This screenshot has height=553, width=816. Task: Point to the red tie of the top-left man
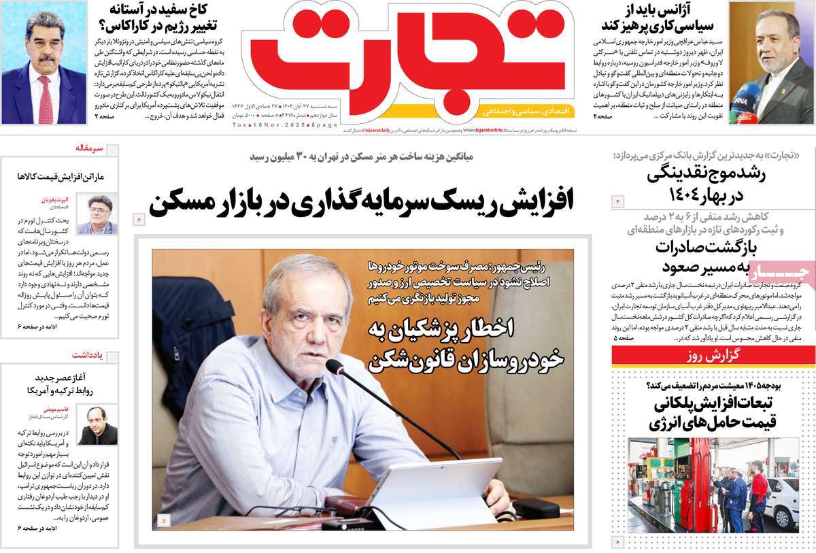(45, 99)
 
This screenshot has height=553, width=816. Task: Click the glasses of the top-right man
(774, 40)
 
